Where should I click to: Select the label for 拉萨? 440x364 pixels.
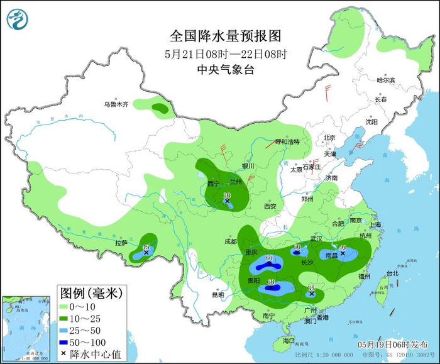[121, 243]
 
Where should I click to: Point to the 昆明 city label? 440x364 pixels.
[218, 294]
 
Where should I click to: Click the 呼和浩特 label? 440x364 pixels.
[288, 141]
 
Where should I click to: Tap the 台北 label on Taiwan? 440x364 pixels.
[392, 273]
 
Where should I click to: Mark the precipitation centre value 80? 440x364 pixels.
[268, 258]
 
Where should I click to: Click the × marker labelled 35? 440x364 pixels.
[312, 294]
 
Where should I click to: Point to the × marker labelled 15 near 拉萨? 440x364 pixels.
[146, 253]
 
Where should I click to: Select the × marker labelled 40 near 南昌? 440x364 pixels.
[343, 253]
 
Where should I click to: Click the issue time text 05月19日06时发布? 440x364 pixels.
[390, 345]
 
